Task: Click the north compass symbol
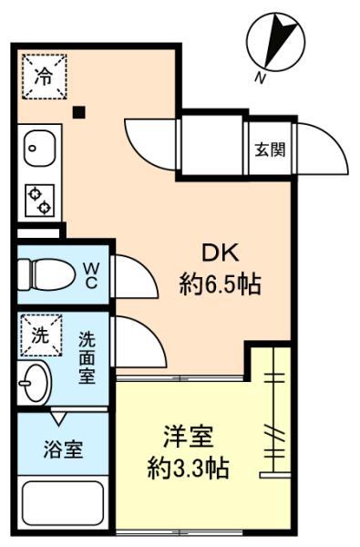[275, 42]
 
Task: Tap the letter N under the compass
[259, 78]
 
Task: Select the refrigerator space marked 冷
[45, 77]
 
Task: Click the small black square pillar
[79, 112]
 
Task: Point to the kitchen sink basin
[40, 149]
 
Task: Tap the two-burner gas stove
[40, 201]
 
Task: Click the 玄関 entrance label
[270, 150]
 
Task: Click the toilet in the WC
[46, 274]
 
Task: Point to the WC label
[91, 275]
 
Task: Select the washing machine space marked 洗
[41, 335]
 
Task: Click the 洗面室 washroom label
[87, 357]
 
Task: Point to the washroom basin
[35, 383]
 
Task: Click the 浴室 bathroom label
[63, 449]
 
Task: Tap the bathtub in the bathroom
[63, 502]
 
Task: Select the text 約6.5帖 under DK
[221, 284]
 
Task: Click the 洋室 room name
[189, 437]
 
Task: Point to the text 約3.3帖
[189, 468]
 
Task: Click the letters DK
[221, 253]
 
